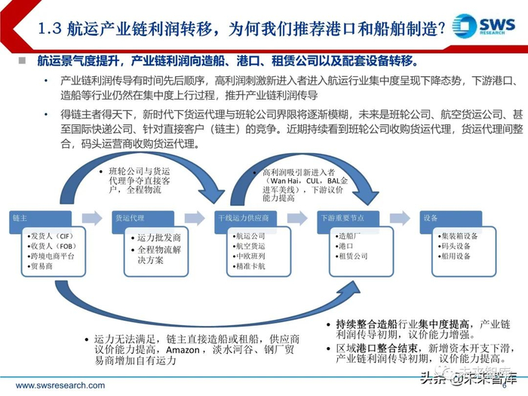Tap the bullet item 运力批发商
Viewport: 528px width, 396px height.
[x=161, y=238]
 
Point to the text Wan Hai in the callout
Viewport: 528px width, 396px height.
[x=284, y=182]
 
